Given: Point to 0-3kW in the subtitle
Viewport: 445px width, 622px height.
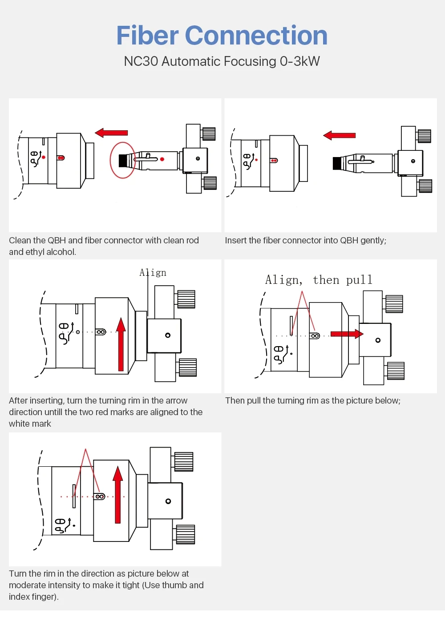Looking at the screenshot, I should [x=299, y=61].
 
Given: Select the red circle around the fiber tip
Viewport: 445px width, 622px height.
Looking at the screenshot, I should [x=122, y=160].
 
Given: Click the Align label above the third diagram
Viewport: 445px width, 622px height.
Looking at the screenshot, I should [x=153, y=273].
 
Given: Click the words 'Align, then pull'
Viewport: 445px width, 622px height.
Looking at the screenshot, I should [x=319, y=280].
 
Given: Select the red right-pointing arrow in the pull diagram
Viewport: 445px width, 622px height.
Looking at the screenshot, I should [x=347, y=334].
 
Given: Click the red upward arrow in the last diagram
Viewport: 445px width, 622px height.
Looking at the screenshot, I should [x=117, y=494].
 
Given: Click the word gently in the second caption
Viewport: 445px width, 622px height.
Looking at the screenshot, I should [x=372, y=241].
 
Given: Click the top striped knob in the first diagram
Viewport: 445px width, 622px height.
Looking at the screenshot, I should [x=209, y=134].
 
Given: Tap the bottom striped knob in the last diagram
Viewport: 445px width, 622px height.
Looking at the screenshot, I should [x=186, y=534].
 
